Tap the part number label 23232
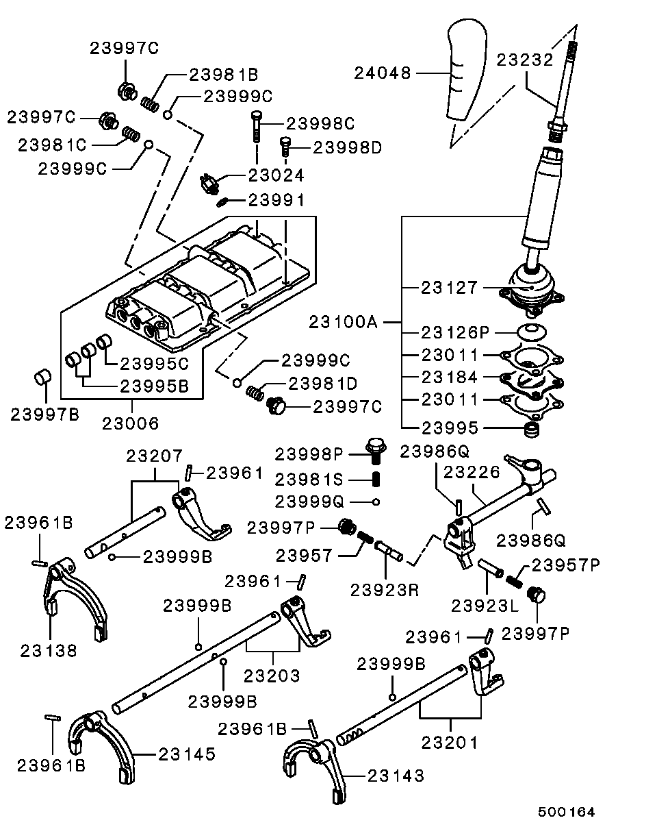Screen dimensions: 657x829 (x=525, y=60)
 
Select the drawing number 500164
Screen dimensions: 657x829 (x=566, y=812)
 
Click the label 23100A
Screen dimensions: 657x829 (x=343, y=322)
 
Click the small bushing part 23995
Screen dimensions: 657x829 (x=532, y=430)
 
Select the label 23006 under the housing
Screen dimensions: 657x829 (x=131, y=423)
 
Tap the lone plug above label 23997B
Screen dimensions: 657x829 (x=42, y=377)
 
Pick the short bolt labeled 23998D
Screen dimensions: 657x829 (x=285, y=147)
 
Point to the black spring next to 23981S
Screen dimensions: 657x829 (x=376, y=480)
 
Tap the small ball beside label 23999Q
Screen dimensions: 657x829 (x=376, y=502)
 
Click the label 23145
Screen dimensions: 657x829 (x=187, y=754)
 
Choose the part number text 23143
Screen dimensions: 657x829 (x=396, y=776)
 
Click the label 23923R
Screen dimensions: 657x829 (x=384, y=590)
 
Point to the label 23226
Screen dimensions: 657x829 (x=472, y=472)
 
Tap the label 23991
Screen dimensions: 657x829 (x=276, y=200)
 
